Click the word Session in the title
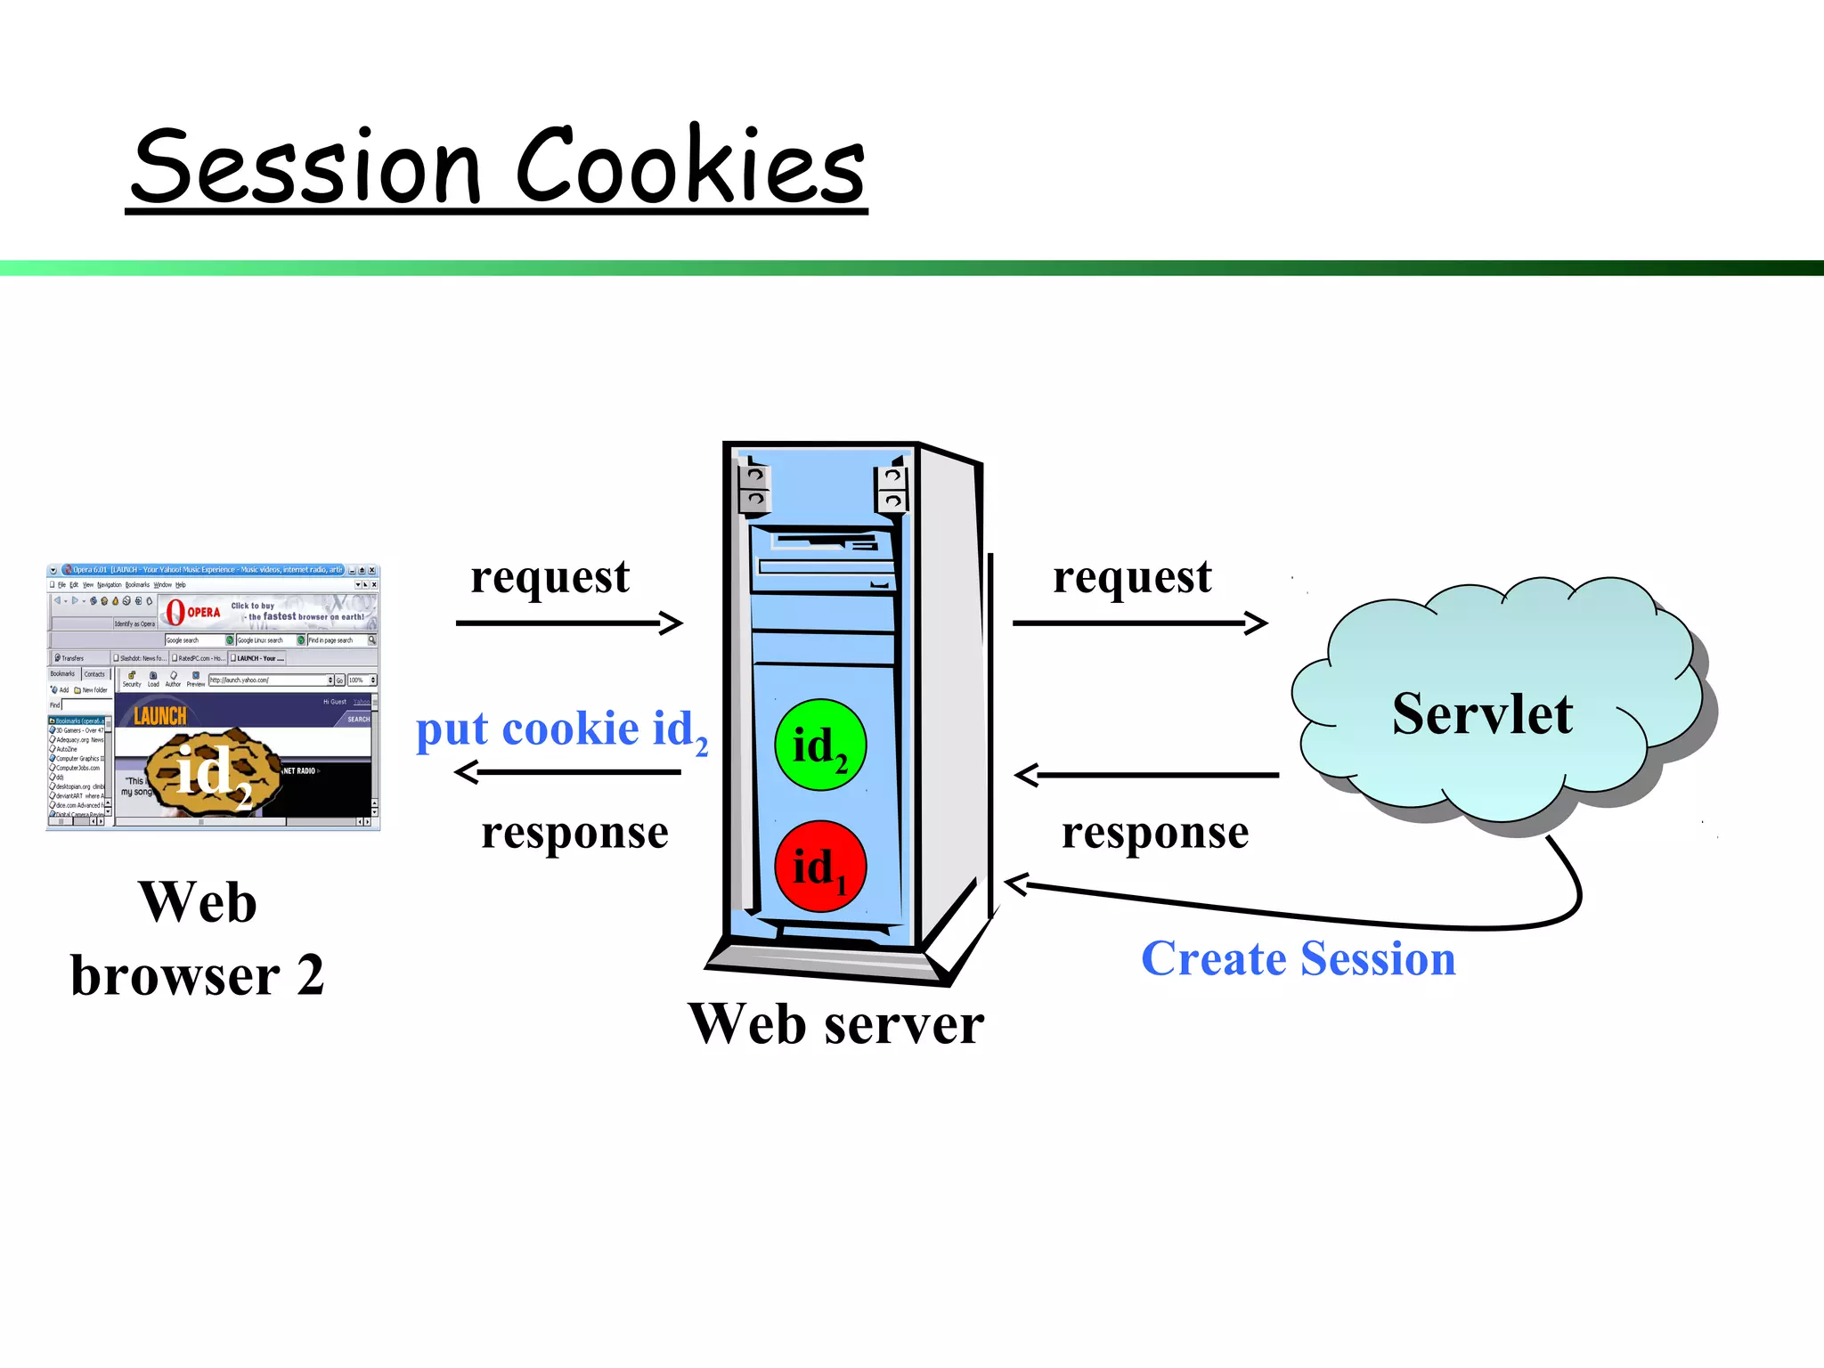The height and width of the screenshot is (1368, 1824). tap(307, 167)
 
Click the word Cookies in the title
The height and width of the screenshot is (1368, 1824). tap(690, 167)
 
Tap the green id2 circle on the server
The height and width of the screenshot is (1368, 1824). tap(819, 745)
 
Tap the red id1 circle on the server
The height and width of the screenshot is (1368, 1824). tap(819, 867)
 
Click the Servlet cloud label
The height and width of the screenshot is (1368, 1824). tap(1482, 713)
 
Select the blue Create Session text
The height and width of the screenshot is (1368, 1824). tap(1298, 959)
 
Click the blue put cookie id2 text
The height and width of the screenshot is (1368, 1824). tap(561, 730)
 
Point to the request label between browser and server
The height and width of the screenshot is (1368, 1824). tap(550, 576)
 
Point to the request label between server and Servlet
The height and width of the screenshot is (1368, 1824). tap(1132, 576)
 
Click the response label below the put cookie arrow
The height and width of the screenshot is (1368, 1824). tap(574, 833)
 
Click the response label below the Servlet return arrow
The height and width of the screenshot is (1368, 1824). tap(1155, 833)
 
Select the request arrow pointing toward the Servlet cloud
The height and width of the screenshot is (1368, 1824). tap(1139, 623)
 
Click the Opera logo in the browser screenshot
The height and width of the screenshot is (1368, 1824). tap(176, 612)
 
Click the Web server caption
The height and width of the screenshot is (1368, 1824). tap(835, 1024)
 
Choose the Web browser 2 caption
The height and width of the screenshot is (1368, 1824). tap(198, 939)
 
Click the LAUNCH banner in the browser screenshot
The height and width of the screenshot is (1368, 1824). tap(160, 716)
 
